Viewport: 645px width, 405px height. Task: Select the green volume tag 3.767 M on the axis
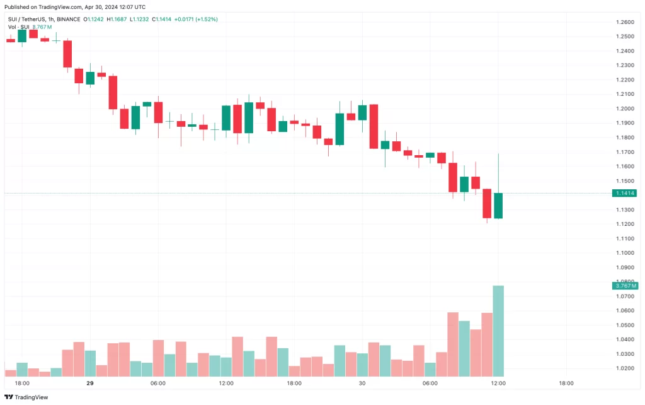624,286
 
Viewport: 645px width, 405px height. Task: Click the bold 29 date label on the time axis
90,384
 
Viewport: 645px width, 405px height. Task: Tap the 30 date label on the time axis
362,384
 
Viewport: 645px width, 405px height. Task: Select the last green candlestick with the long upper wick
498,206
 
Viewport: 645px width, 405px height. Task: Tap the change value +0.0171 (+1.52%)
198,19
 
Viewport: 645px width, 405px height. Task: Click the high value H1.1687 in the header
116,19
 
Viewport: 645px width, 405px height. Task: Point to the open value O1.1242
94,19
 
